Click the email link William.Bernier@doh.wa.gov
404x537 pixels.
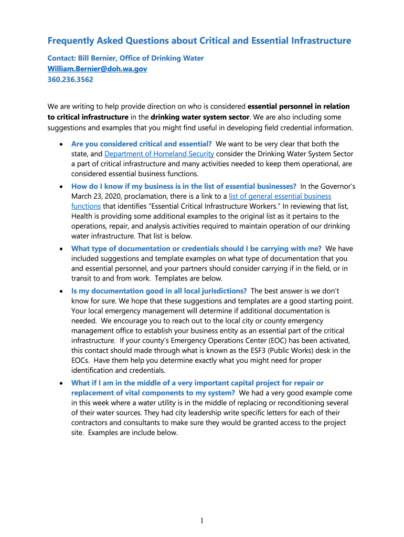point(97,69)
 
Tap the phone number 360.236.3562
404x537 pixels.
point(70,80)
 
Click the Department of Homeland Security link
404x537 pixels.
point(159,154)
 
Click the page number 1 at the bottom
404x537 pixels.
point(201,520)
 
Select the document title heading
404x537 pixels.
point(199,40)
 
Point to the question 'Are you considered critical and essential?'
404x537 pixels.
point(141,144)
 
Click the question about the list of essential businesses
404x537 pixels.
point(184,186)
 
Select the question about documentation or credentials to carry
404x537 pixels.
point(196,249)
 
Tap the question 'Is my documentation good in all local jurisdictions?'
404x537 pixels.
point(159,291)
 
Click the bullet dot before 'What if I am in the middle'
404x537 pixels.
point(62,383)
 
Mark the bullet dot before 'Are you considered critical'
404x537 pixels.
point(62,144)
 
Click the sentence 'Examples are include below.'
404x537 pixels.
point(133,433)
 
